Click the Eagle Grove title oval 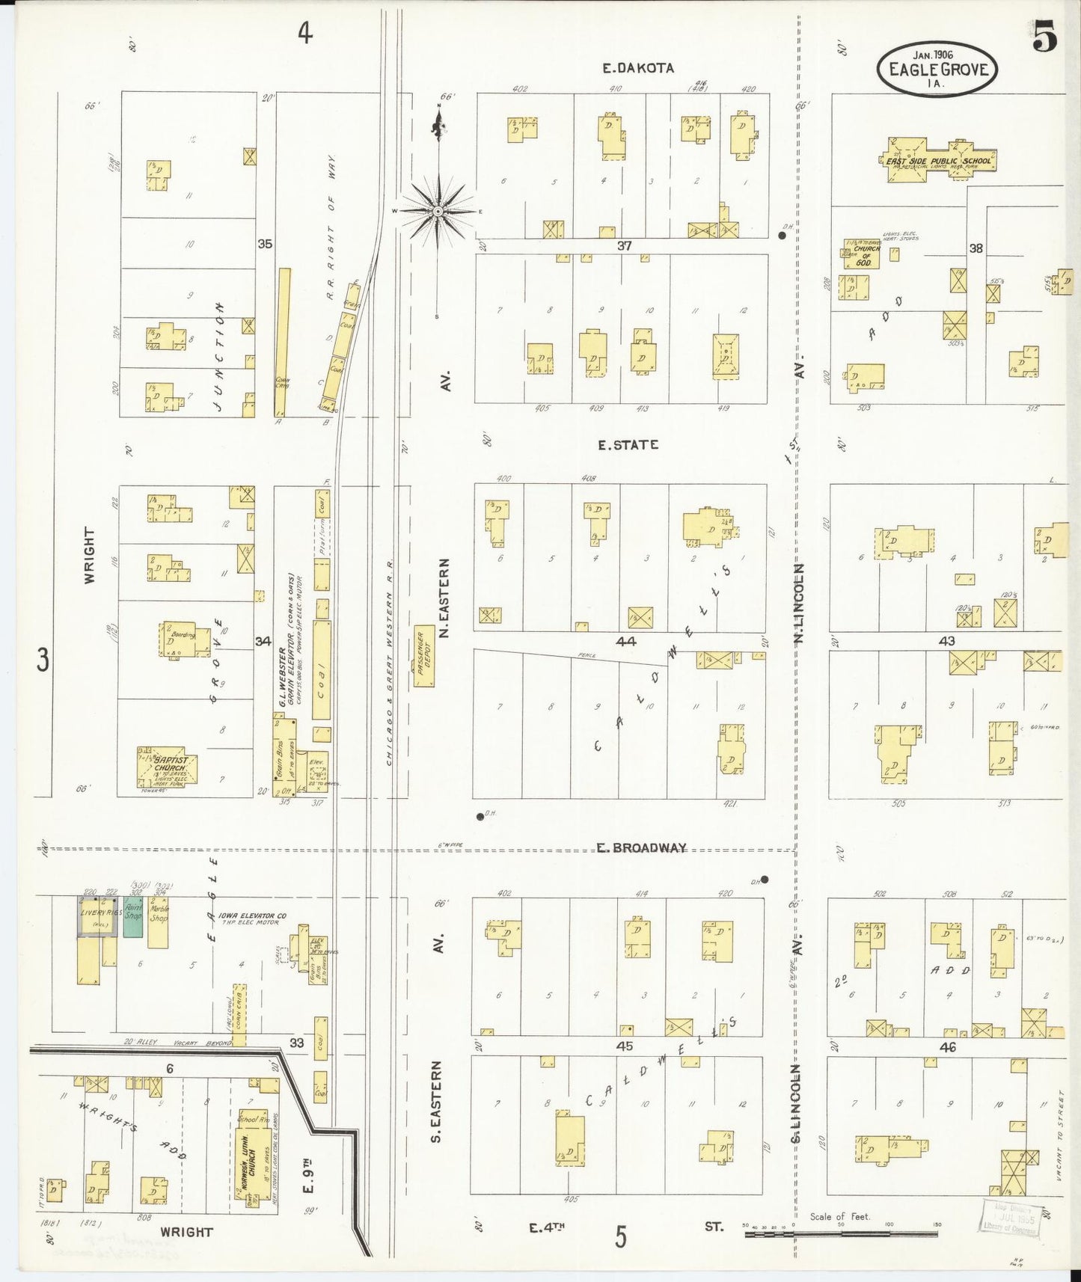click(x=937, y=69)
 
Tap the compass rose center click(x=438, y=212)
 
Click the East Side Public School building click(x=938, y=160)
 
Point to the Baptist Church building click(x=166, y=768)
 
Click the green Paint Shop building click(x=133, y=916)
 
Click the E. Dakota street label click(x=638, y=67)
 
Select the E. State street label click(x=628, y=444)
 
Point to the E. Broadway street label click(x=641, y=847)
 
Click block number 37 click(x=625, y=245)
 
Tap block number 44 click(x=625, y=641)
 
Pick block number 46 click(x=947, y=1047)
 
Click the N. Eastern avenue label click(x=445, y=598)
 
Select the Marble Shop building click(x=158, y=921)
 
